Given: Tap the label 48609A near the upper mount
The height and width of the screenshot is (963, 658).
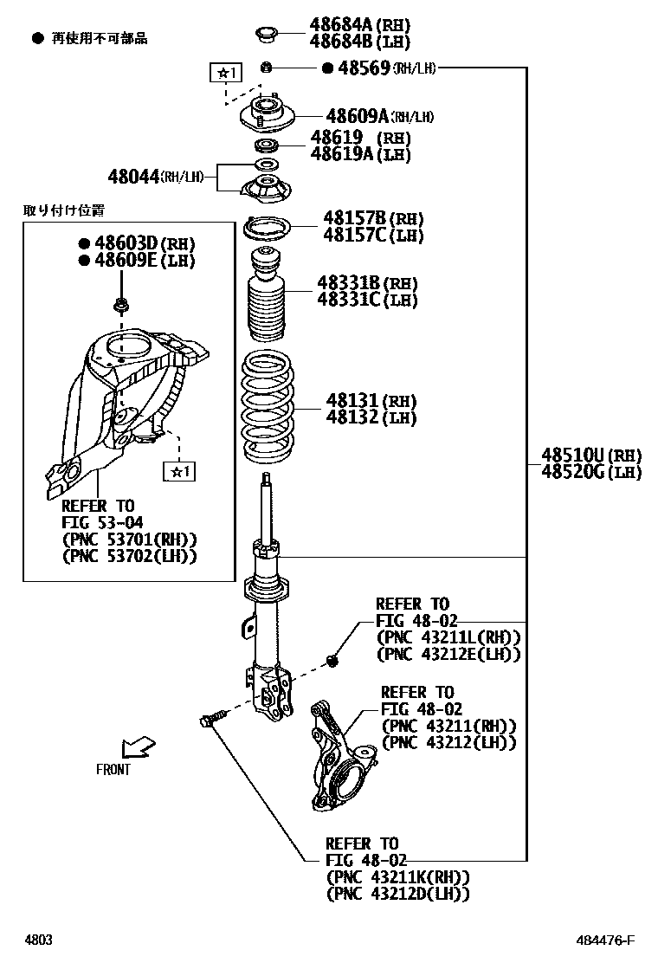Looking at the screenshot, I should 357,115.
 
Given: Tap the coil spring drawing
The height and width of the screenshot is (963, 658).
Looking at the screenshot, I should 267,407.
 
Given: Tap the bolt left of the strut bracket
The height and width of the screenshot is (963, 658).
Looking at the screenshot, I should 212,718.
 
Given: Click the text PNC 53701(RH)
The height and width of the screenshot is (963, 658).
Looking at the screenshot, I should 129,539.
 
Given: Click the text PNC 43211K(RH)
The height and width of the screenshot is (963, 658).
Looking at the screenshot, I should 397,876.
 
